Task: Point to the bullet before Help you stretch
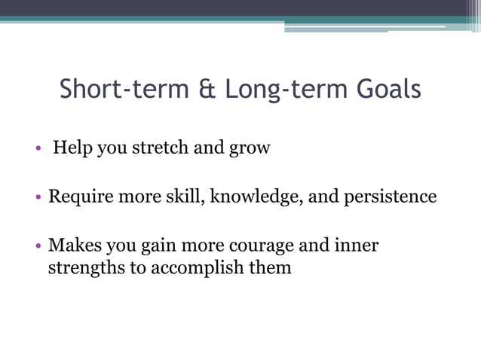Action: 38,148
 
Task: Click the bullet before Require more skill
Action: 38,198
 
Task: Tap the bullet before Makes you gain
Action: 38,246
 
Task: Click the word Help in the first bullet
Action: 72,148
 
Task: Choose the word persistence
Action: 390,197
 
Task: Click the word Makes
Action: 72,246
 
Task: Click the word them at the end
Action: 268,267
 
